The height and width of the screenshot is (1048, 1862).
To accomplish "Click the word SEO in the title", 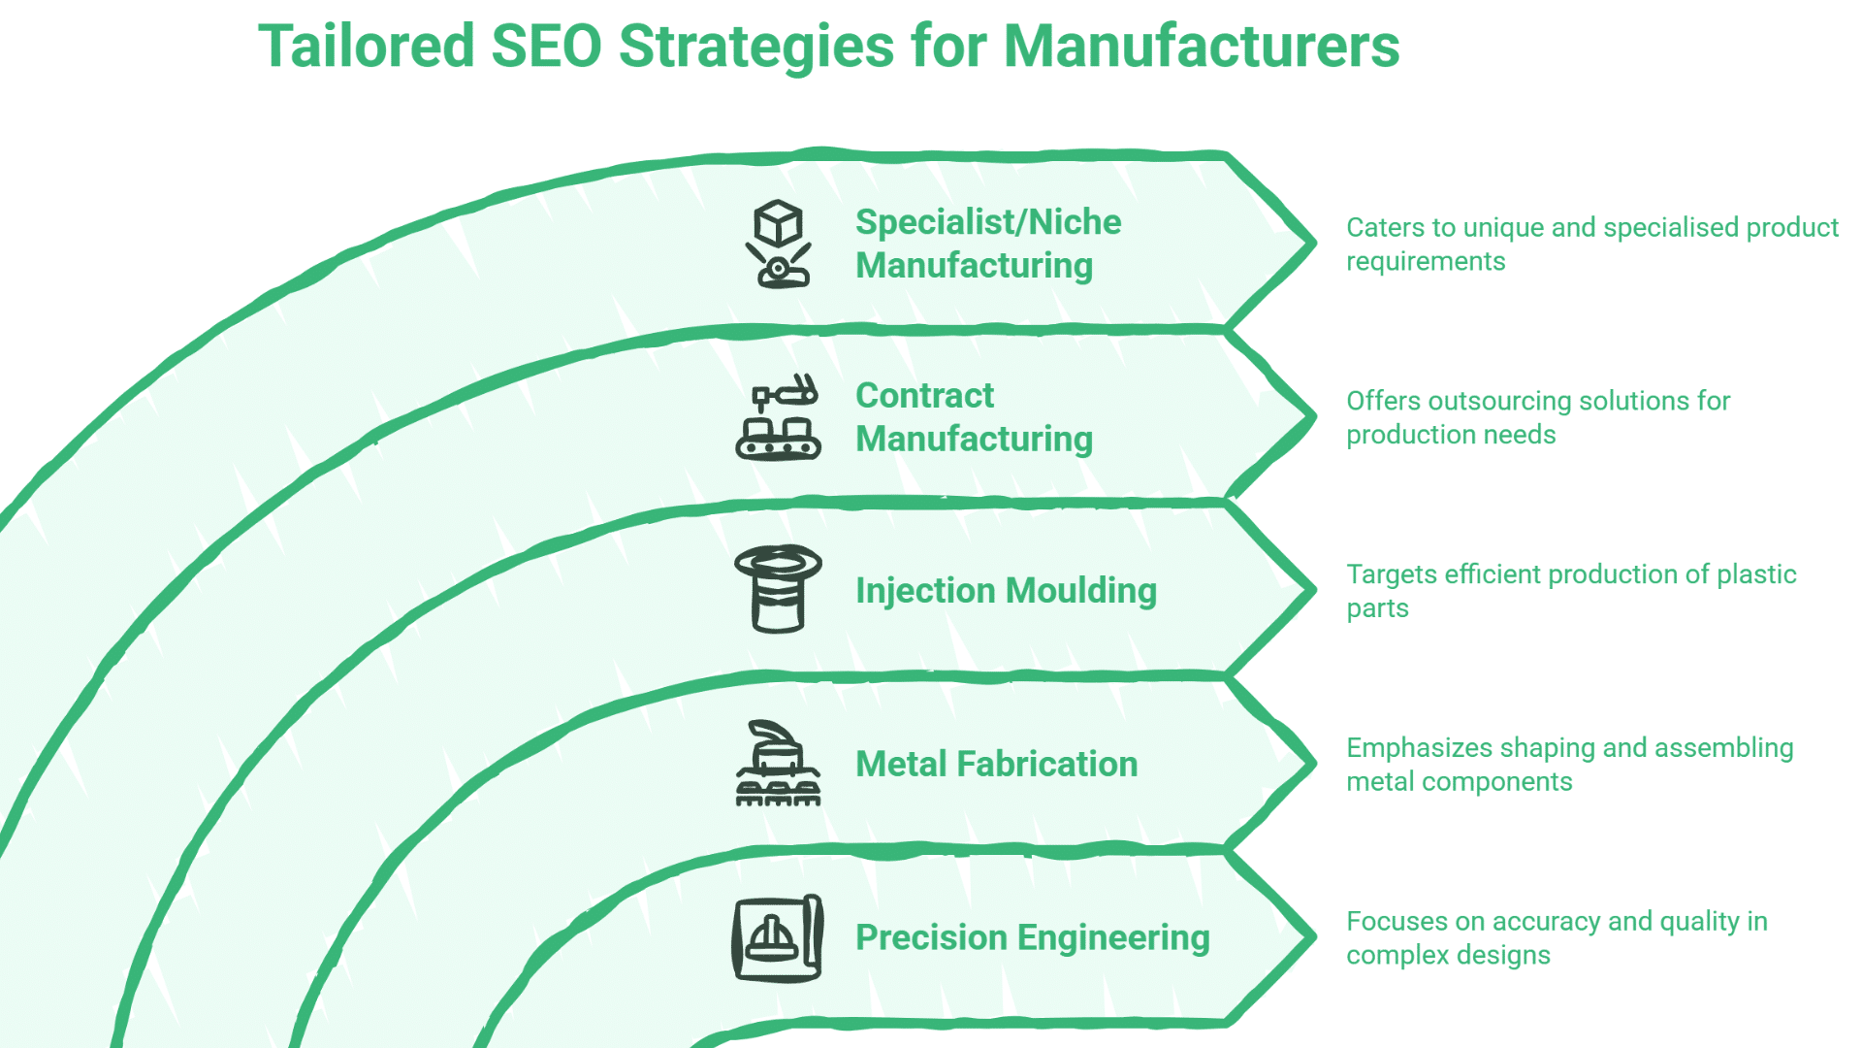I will [x=546, y=46].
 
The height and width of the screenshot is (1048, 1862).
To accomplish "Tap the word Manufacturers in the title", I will [x=1201, y=46].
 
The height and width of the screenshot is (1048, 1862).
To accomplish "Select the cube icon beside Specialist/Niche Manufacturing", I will [x=778, y=244].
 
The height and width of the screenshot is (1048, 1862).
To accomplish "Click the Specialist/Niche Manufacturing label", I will [x=987, y=244].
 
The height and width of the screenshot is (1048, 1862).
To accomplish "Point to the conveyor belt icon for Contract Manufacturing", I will [x=778, y=417].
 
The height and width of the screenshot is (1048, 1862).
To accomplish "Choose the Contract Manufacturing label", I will [x=974, y=417].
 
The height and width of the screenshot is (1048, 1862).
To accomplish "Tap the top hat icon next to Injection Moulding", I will [x=778, y=589].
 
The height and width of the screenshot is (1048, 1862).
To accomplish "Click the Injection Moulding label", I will [x=1006, y=590].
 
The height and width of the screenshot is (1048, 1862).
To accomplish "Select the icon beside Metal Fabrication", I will [x=778, y=764].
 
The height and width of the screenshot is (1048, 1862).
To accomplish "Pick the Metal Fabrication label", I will [x=996, y=764].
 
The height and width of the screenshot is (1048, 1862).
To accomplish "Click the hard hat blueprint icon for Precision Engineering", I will [x=778, y=938].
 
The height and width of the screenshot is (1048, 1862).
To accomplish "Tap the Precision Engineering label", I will [x=1032, y=937].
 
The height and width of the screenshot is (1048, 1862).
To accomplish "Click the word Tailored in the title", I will [x=366, y=46].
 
